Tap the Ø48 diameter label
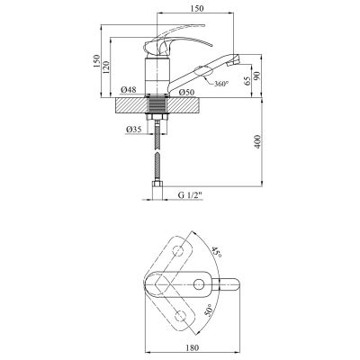[x=128, y=92]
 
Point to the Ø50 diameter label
[x=188, y=92]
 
